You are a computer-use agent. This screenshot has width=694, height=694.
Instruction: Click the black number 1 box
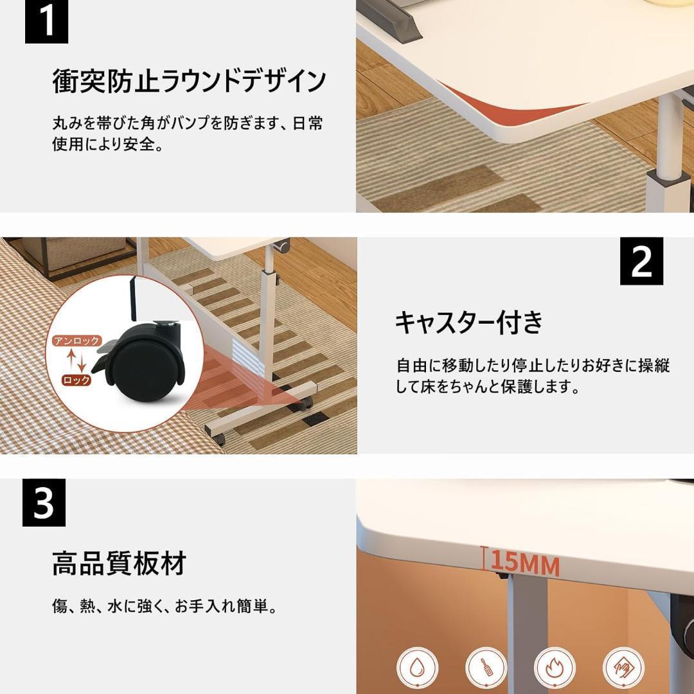(x=46, y=22)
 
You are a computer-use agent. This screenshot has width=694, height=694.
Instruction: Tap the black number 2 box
(x=641, y=261)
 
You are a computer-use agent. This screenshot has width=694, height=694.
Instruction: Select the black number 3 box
(x=44, y=503)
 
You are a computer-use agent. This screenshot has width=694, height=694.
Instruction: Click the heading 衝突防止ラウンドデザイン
(x=190, y=81)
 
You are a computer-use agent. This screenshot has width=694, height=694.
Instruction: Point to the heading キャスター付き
(x=468, y=322)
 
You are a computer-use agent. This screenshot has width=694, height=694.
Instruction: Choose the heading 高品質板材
(x=119, y=563)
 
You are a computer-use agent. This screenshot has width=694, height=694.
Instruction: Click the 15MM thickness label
(x=525, y=562)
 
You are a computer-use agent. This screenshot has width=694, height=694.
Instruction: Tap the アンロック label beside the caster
(x=77, y=341)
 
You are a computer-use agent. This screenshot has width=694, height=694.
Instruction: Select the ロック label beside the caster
(x=76, y=380)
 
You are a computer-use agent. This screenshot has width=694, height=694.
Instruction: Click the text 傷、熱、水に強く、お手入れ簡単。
(x=165, y=606)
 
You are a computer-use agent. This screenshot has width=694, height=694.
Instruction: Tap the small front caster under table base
(x=220, y=438)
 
